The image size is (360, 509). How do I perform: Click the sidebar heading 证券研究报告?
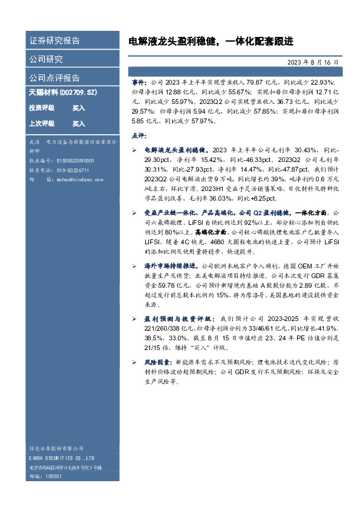[x=54, y=41]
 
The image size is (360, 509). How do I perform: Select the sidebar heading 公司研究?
[x=46, y=59]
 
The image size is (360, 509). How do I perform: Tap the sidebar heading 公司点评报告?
[x=54, y=78]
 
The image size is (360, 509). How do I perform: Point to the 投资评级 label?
[x=42, y=108]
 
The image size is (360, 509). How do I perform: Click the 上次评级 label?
[x=42, y=123]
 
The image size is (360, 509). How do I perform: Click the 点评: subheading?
[x=139, y=135]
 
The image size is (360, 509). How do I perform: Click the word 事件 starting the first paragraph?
[x=139, y=81]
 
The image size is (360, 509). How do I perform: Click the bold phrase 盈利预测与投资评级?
[x=178, y=318]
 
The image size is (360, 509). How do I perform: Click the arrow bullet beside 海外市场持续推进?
[x=134, y=266]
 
